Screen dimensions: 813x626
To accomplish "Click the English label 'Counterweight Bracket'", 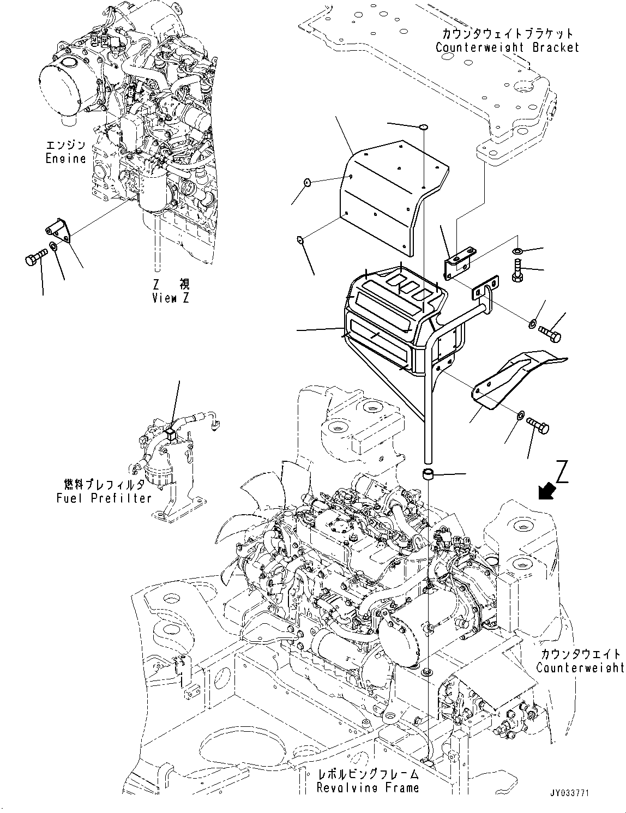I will coord(507,47).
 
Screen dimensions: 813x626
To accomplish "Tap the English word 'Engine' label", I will coord(66,159).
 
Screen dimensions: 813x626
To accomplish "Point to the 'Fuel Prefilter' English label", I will coord(104,498).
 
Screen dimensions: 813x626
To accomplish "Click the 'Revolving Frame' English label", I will coord(368,787).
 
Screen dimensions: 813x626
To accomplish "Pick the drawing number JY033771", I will coord(569,793).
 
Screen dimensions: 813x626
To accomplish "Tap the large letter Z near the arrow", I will coord(564,472).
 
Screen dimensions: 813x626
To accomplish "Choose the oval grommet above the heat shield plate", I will coord(423,128).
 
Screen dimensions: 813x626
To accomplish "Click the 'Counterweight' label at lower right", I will coord(580,667).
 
